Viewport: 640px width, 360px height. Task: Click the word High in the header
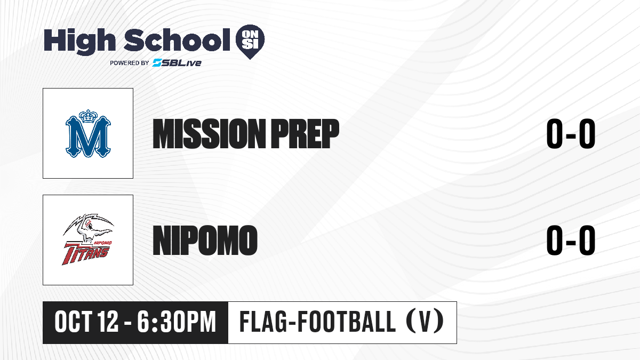[x=79, y=42]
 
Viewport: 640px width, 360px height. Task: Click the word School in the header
[x=177, y=40]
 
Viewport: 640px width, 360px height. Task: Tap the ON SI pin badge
[x=250, y=42]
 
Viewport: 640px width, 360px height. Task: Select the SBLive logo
[x=177, y=63]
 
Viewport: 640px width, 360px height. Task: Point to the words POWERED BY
[x=129, y=63]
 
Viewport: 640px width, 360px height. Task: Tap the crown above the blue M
[x=89, y=116]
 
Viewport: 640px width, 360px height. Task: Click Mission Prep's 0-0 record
[x=571, y=134]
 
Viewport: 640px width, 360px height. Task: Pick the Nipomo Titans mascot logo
[x=88, y=239]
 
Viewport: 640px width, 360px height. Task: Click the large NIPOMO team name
[x=205, y=241]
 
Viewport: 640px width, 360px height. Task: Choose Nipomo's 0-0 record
[x=571, y=240]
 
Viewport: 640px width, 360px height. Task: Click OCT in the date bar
[x=74, y=322]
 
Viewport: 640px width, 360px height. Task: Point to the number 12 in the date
[x=108, y=322]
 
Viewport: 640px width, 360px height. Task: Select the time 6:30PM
[x=177, y=322]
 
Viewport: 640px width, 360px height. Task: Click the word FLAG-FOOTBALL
[x=317, y=322]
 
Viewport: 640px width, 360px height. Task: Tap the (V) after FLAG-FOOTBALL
[x=425, y=322]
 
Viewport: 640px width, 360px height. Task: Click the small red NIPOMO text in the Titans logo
[x=103, y=243]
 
